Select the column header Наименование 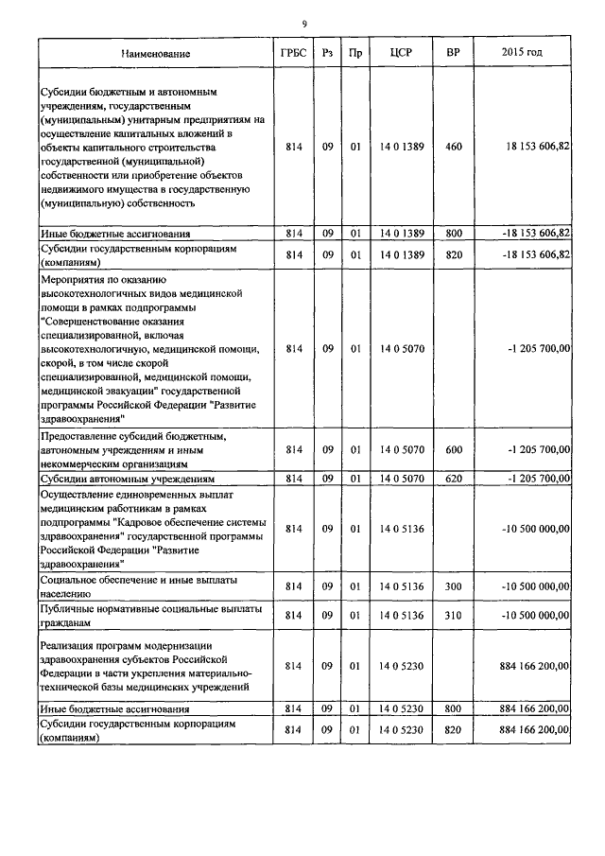click(156, 54)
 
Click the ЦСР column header click(398, 54)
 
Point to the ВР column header click(453, 54)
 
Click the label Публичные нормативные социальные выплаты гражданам click(149, 616)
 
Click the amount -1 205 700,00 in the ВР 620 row click(538, 479)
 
